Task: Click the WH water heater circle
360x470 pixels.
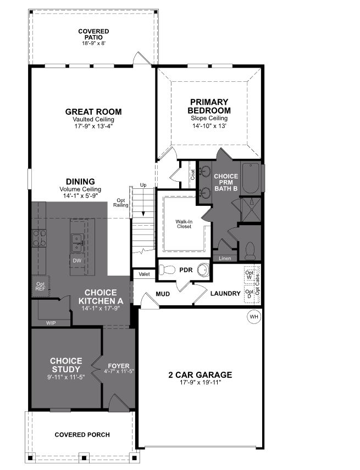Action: tap(253, 317)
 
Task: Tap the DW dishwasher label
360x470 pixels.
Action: tap(76, 260)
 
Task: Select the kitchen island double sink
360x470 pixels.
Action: tap(77, 239)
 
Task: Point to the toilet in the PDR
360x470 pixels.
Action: tap(168, 269)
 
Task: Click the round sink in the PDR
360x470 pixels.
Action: tap(203, 270)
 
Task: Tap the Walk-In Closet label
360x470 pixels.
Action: tap(184, 223)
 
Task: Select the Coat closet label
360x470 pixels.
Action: tap(193, 175)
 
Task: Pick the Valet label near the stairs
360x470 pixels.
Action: tap(144, 273)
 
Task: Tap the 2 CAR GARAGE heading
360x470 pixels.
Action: tap(200, 375)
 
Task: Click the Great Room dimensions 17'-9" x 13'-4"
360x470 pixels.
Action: tap(93, 126)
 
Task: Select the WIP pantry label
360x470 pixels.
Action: tap(51, 323)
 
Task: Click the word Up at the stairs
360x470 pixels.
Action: tap(143, 185)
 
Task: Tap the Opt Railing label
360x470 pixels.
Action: tap(121, 203)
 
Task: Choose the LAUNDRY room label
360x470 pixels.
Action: tap(225, 294)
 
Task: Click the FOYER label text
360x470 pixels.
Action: tap(119, 365)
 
